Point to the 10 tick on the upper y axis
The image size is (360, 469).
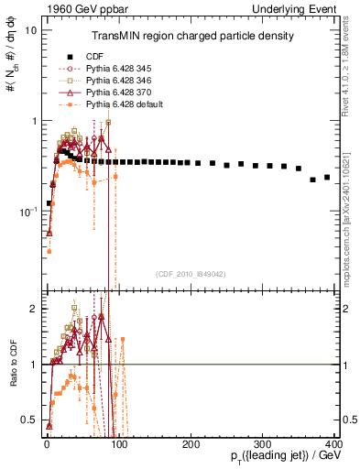[30, 30]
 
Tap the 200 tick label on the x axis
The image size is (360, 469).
[191, 444]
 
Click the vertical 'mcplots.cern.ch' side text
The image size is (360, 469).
[352, 229]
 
